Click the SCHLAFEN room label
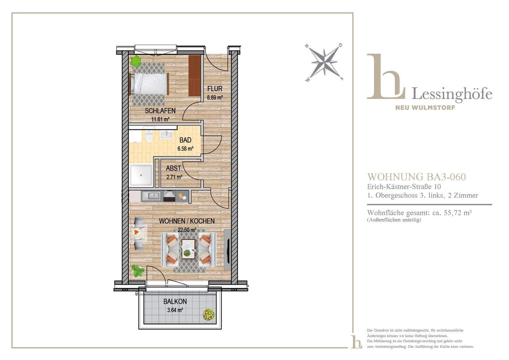[x=160, y=111]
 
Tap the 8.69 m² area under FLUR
[x=215, y=98]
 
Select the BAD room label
[x=185, y=140]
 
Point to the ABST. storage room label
[x=174, y=168]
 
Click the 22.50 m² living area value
[x=187, y=230]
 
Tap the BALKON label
[x=175, y=302]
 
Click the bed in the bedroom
[x=149, y=84]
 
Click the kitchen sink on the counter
[x=152, y=196]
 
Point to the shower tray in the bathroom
[x=141, y=175]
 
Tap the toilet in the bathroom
[x=149, y=136]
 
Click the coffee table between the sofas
[x=188, y=249]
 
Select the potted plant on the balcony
[x=209, y=314]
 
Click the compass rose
[x=324, y=62]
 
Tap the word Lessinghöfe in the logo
[x=452, y=94]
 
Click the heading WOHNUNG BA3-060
[x=416, y=177]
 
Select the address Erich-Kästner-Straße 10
[x=404, y=187]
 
